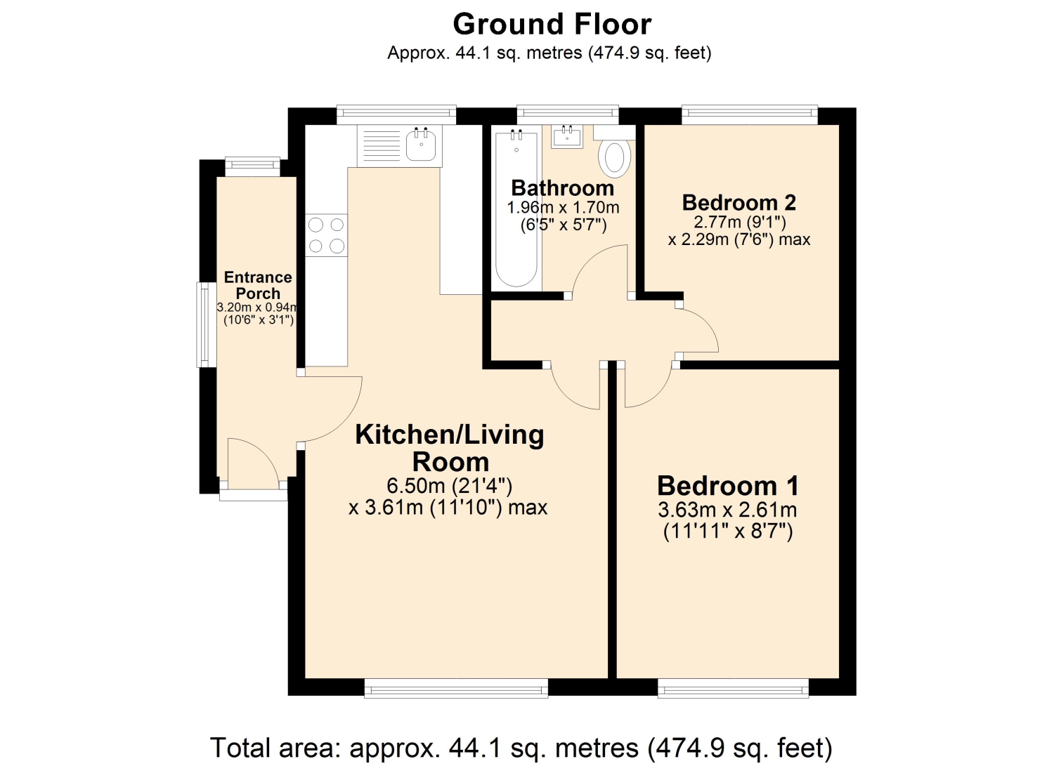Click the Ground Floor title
(552, 25)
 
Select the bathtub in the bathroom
(516, 209)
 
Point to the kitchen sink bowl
(421, 145)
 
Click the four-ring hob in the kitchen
(327, 235)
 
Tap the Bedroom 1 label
(727, 486)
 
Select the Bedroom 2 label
(739, 203)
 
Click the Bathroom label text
(562, 188)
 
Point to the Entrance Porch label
(258, 285)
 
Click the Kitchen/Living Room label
(450, 448)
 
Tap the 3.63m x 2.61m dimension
(727, 510)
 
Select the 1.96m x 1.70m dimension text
(563, 208)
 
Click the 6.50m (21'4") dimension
(449, 486)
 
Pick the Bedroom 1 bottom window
(733, 688)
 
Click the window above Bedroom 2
(750, 115)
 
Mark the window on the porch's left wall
(206, 324)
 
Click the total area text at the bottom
(521, 748)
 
